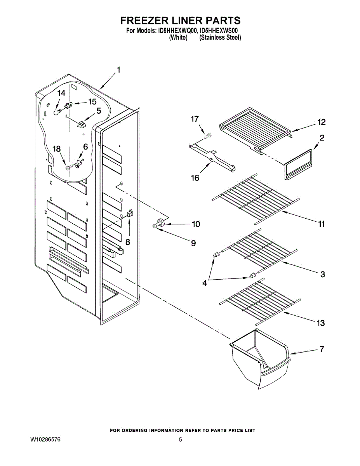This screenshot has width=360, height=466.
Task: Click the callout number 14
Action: click(62, 93)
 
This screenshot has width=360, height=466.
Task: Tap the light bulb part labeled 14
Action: click(57, 113)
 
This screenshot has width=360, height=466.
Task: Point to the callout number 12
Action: click(321, 122)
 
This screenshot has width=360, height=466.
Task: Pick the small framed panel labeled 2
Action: click(297, 166)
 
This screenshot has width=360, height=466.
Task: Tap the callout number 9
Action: click(193, 243)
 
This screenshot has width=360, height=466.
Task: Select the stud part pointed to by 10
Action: click(159, 224)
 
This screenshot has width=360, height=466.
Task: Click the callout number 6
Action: click(85, 147)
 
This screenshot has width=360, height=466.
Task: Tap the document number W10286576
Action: click(45, 440)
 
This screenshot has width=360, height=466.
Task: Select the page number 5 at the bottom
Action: click(181, 440)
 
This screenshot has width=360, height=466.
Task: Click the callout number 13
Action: click(321, 323)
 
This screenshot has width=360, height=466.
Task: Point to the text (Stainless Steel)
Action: click(220, 38)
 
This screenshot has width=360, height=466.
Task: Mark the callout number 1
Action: click(118, 70)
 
